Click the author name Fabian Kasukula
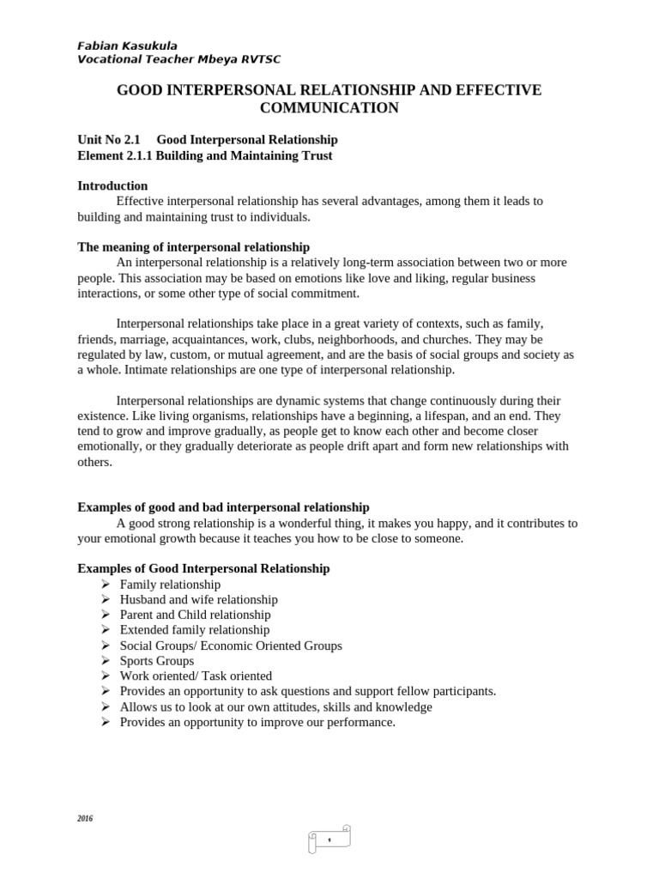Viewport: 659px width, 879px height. tap(127, 45)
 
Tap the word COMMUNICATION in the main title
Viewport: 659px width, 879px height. tap(329, 107)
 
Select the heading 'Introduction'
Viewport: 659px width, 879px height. tap(112, 185)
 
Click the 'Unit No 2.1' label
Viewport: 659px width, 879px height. tap(108, 139)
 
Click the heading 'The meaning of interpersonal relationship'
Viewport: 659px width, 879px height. tap(194, 246)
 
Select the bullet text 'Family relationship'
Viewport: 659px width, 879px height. tap(170, 584)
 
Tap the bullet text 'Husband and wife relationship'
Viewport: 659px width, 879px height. tap(198, 599)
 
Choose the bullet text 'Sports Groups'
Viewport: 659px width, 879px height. tap(156, 660)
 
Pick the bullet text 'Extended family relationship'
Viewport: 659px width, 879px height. tap(195, 629)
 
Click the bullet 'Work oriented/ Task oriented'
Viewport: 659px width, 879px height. tap(196, 676)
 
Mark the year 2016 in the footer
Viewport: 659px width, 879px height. tap(85, 819)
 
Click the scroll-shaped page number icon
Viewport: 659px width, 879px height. tap(329, 839)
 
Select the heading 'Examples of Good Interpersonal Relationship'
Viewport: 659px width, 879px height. tap(203, 568)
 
